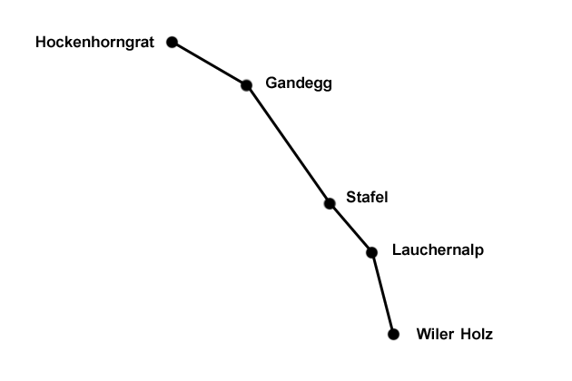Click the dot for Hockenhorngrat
point(173,42)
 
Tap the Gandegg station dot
point(246,85)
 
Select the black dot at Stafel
point(330,203)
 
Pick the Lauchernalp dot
point(371,252)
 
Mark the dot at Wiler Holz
point(393,334)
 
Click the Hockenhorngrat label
point(95,43)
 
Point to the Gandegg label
point(299,83)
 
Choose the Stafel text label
point(368,198)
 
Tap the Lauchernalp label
point(438,250)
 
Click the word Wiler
point(434,334)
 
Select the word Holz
point(477,334)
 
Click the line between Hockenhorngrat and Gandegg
point(209,63)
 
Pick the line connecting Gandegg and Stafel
point(288,144)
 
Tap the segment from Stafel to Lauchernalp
point(350,228)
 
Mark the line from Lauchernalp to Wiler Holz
point(382,293)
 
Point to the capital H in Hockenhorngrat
point(40,43)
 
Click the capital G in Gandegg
point(271,83)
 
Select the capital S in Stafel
point(350,198)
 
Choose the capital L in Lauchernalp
point(396,250)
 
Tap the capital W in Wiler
point(423,334)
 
